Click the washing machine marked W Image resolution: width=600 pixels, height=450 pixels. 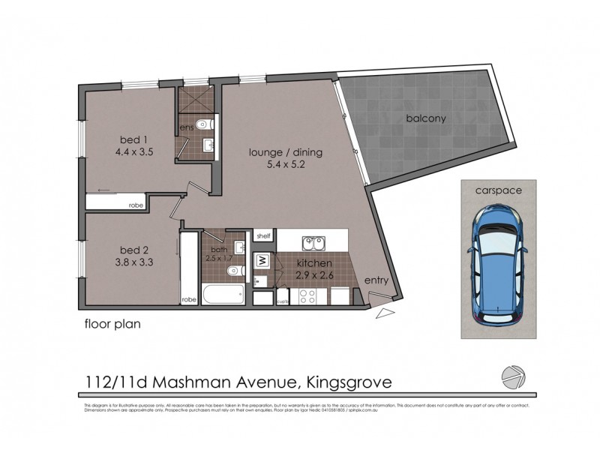click(x=263, y=262)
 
